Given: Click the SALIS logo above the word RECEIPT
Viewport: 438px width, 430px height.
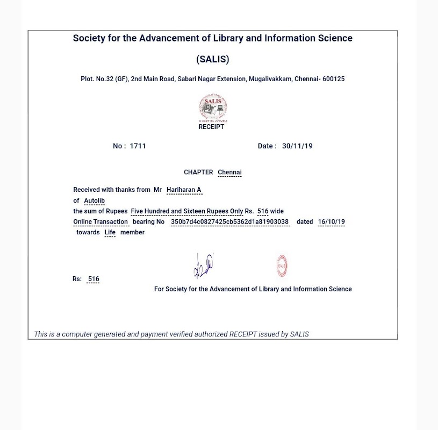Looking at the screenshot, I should [x=213, y=107].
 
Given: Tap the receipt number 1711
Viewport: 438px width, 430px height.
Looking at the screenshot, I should [x=138, y=146].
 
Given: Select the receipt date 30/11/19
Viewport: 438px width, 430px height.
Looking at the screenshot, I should [x=297, y=146].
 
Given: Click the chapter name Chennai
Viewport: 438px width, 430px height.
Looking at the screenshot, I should [x=229, y=173].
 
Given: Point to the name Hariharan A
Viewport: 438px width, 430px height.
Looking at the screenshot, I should [x=184, y=190].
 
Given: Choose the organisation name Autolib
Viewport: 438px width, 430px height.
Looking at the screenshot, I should [x=95, y=200].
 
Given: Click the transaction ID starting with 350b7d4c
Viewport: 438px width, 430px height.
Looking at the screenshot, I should [x=229, y=221].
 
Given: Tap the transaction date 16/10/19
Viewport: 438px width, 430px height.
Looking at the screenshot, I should [x=332, y=221].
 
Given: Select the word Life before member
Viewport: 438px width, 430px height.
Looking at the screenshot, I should [x=110, y=232].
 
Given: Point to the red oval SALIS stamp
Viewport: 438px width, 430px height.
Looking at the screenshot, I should [x=282, y=266].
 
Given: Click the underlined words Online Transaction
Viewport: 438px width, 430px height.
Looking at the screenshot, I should [x=100, y=221].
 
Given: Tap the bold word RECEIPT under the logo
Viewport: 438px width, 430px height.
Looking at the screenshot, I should [x=211, y=127].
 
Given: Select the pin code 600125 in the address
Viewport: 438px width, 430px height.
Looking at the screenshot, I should [x=333, y=79].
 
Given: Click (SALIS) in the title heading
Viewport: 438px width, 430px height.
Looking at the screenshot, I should [x=213, y=59].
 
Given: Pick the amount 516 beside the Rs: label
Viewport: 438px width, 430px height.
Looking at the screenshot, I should [x=94, y=279].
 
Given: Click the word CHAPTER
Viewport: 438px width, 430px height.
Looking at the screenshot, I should [x=198, y=173].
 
